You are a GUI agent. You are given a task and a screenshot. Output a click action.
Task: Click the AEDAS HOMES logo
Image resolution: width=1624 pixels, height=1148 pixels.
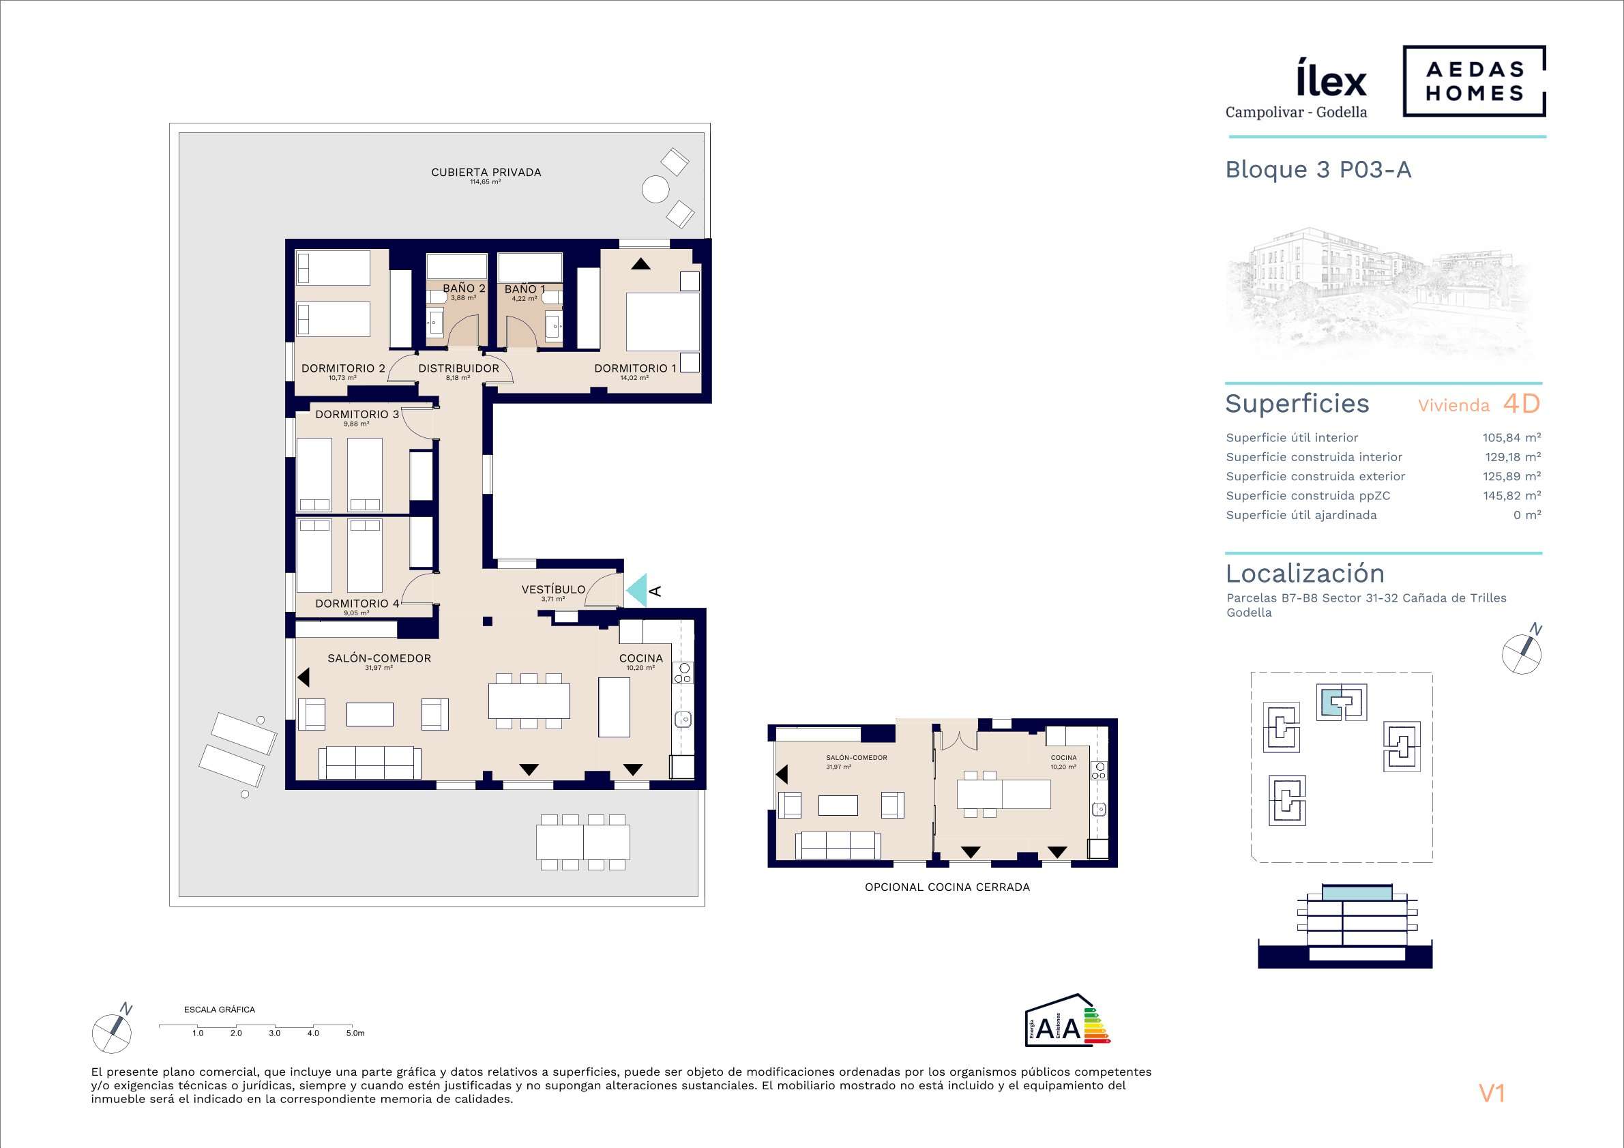1474,80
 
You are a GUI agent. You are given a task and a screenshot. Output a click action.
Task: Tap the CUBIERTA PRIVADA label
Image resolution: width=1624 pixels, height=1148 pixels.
486,172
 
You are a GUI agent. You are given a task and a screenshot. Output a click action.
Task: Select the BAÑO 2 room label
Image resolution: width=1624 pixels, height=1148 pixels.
464,289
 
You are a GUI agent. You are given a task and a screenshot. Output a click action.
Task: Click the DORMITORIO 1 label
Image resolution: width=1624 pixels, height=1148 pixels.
635,368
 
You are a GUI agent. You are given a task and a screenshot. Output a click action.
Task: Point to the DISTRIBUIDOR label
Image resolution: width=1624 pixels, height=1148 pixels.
458,368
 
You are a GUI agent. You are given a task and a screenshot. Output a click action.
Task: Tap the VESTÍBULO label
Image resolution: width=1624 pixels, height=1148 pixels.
553,589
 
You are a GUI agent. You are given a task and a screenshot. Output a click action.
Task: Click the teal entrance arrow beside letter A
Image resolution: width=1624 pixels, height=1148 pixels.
637,590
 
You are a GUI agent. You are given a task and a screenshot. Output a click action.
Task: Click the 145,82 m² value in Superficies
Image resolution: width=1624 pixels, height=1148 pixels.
1512,495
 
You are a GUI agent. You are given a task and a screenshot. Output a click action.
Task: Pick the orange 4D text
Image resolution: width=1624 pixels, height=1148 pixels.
1522,403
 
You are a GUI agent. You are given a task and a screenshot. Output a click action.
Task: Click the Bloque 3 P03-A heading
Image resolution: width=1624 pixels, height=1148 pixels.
1318,170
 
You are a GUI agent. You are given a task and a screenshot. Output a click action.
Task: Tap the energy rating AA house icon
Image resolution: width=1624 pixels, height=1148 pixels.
1067,1020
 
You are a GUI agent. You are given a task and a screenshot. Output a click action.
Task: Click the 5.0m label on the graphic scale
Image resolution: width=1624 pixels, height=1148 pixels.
355,1033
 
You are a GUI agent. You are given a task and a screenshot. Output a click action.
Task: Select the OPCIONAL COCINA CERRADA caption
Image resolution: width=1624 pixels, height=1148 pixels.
947,887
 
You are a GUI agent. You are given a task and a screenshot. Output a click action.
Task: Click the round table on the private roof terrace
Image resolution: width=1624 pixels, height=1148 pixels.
655,190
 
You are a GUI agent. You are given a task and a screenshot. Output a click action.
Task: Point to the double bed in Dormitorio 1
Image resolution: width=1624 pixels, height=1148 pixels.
663,322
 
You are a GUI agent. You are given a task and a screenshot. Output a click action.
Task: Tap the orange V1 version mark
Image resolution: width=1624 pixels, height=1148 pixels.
1492,1093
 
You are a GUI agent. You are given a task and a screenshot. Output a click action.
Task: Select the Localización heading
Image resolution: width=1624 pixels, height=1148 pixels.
1305,573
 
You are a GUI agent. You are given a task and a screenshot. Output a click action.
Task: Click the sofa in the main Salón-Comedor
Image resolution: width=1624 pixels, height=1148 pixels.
370,763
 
